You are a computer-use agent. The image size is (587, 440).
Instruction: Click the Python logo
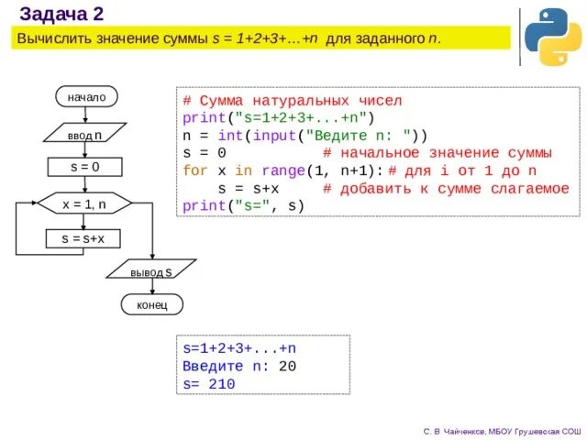[x=552, y=38]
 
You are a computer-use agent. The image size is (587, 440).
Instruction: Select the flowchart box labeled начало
[x=86, y=96]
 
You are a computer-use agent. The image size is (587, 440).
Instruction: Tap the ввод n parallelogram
[x=84, y=135]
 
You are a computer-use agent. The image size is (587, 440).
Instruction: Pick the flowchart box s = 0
[x=84, y=167]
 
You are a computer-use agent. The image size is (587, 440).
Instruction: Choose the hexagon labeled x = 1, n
[x=84, y=204]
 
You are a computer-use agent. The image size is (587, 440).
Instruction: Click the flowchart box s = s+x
[x=83, y=238]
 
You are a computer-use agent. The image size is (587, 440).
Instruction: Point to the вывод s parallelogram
[x=151, y=271]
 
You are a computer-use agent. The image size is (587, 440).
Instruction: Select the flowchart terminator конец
[x=151, y=304]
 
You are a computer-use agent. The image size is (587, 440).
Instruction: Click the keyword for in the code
[x=195, y=170]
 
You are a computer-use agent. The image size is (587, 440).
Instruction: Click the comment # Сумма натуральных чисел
[x=292, y=100]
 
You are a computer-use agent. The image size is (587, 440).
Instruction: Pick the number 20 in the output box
[x=286, y=367]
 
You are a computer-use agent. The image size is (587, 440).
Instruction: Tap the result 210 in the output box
[x=221, y=384]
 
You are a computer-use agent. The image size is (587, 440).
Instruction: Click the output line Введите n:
[x=226, y=367]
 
